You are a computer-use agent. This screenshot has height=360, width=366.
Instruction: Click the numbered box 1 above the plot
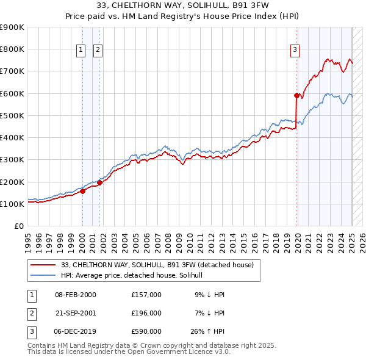coord(81,51)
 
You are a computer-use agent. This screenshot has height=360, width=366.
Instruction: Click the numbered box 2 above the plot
coord(98,51)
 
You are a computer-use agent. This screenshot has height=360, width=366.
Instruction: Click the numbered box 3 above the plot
coord(295,51)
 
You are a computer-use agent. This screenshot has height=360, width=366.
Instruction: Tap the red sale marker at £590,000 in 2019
coord(296,95)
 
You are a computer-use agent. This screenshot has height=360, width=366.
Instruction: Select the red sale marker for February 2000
coord(82,191)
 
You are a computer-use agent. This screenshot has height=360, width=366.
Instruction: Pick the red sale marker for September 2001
coord(99,182)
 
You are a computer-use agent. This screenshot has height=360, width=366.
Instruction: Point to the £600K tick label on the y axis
coord(12,93)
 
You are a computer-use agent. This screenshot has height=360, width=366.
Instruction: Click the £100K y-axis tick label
coord(12,204)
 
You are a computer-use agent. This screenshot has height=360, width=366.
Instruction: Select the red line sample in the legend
coord(44,264)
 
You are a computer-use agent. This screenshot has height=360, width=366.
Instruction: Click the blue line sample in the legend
coord(44,275)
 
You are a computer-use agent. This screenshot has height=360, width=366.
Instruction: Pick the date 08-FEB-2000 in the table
coord(76,294)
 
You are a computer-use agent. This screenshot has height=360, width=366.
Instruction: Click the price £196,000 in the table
coord(146,313)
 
